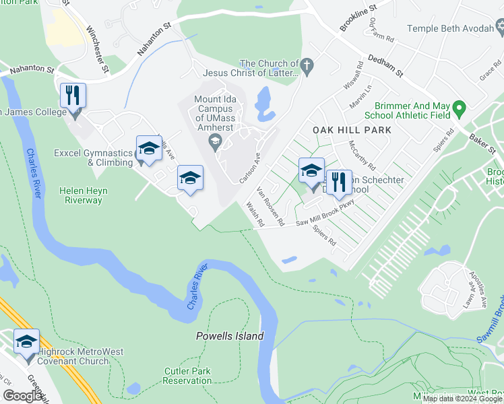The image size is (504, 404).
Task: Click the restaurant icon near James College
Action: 73,95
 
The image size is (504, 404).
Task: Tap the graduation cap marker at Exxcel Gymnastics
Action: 149,149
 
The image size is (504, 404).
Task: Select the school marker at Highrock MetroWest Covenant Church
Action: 26,342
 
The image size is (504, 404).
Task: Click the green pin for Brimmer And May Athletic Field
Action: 460,108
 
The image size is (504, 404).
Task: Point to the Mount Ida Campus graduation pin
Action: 216,139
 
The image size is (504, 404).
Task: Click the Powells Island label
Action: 230,336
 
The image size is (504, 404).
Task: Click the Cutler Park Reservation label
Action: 187,376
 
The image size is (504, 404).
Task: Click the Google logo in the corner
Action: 22,396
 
